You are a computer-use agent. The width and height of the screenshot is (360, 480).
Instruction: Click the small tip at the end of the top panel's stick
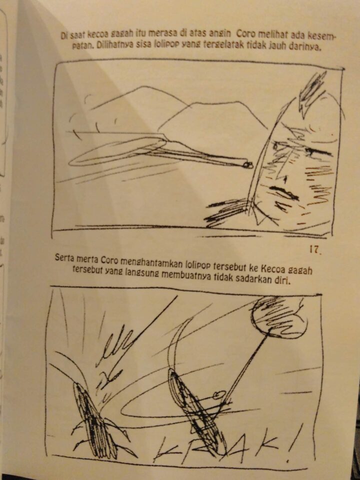click(248, 165)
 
